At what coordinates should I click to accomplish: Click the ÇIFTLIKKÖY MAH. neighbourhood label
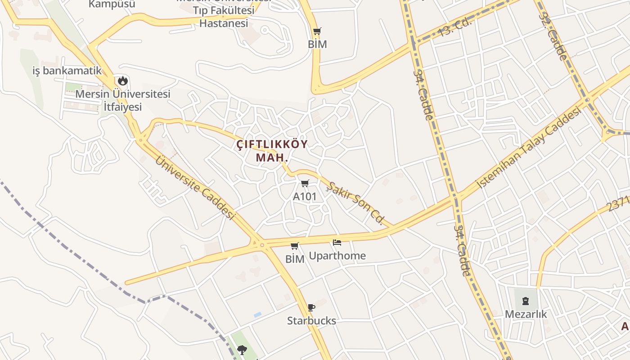(x=272, y=151)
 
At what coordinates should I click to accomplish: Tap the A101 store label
(x=305, y=197)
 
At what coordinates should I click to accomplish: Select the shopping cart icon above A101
(x=305, y=183)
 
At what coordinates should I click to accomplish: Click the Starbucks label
(x=311, y=321)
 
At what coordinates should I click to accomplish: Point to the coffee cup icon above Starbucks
(x=311, y=307)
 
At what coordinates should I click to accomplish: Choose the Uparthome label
(x=337, y=256)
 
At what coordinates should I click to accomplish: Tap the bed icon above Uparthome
(x=337, y=243)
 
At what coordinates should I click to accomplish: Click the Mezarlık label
(x=526, y=314)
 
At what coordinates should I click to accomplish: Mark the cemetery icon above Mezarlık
(x=526, y=301)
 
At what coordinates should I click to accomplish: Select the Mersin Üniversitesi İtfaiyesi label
(x=122, y=100)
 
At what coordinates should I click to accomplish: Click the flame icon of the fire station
(x=122, y=81)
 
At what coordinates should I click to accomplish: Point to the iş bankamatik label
(x=67, y=71)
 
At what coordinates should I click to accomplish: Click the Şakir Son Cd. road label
(x=355, y=203)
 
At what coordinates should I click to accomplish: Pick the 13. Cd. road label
(x=454, y=27)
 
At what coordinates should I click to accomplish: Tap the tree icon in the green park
(x=242, y=350)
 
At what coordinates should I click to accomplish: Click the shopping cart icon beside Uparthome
(x=295, y=246)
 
